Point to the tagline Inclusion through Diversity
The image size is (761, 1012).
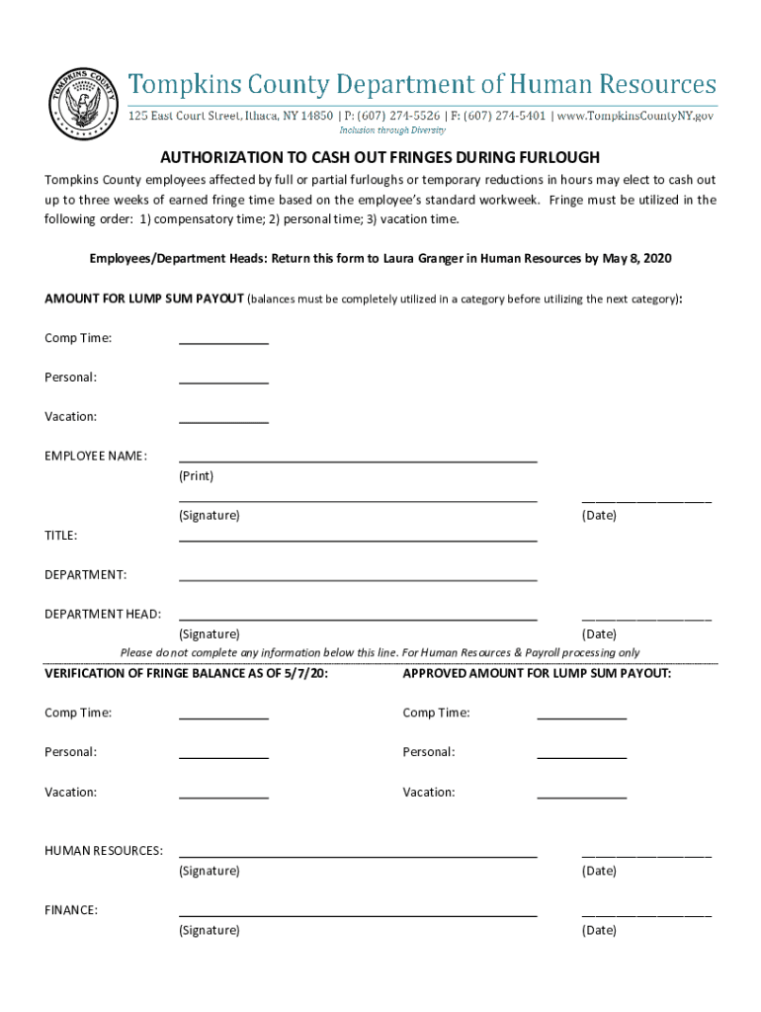[x=392, y=130]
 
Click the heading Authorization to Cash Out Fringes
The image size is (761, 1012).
[x=380, y=158]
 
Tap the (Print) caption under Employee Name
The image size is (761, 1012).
[x=196, y=476]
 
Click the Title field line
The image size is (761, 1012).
[x=358, y=539]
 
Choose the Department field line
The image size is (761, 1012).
[x=358, y=578]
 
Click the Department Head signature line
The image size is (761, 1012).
[x=358, y=618]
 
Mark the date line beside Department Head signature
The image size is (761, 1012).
[x=646, y=618]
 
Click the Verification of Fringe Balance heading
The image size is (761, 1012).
[x=187, y=673]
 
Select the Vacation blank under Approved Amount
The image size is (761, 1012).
[x=581, y=796]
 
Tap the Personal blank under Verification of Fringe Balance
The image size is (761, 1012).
[x=223, y=756]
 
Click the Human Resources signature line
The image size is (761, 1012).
[x=358, y=855]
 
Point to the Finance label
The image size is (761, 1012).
[x=71, y=910]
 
